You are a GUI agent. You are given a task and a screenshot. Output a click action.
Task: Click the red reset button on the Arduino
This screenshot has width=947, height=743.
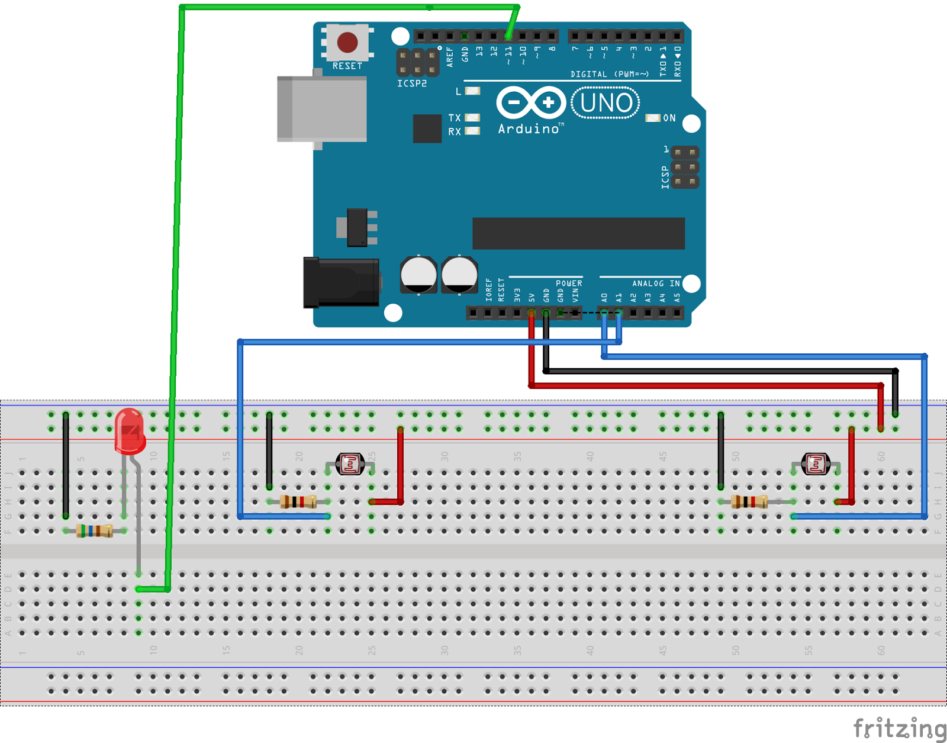tap(347, 42)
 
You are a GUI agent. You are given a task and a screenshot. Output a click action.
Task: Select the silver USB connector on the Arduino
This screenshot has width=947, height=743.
tap(322, 109)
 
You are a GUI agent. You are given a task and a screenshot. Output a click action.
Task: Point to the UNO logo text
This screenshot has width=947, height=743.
tap(605, 103)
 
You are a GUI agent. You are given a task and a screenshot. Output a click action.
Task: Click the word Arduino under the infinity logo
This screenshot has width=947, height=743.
tap(529, 129)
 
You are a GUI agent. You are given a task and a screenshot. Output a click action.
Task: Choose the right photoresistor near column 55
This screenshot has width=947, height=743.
tap(816, 464)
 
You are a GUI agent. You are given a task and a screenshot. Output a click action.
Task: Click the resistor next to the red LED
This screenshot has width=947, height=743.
tap(95, 531)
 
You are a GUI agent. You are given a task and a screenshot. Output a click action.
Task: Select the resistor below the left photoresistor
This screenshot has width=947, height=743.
tap(298, 502)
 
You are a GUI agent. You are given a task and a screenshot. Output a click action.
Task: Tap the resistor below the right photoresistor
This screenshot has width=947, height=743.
tap(749, 502)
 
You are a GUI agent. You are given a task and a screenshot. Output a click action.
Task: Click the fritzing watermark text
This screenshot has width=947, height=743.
tap(900, 728)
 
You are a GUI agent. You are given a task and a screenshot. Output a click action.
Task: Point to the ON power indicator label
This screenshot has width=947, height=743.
tap(669, 118)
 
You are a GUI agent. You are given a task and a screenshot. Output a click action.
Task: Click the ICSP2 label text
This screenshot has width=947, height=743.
tap(412, 84)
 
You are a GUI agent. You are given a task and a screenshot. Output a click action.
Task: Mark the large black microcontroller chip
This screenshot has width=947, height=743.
tap(578, 233)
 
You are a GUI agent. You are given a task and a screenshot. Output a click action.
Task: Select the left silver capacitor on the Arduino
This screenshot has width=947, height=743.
tap(418, 275)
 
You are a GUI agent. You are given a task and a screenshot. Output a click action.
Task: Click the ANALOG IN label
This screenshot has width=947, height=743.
tap(656, 284)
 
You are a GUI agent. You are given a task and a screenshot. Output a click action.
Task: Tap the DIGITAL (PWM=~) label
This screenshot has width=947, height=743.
tap(610, 74)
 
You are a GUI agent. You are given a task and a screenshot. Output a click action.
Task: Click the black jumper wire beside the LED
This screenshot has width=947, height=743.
tap(66, 465)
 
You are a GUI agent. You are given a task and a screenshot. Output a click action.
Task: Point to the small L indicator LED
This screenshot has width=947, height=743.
tap(472, 91)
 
